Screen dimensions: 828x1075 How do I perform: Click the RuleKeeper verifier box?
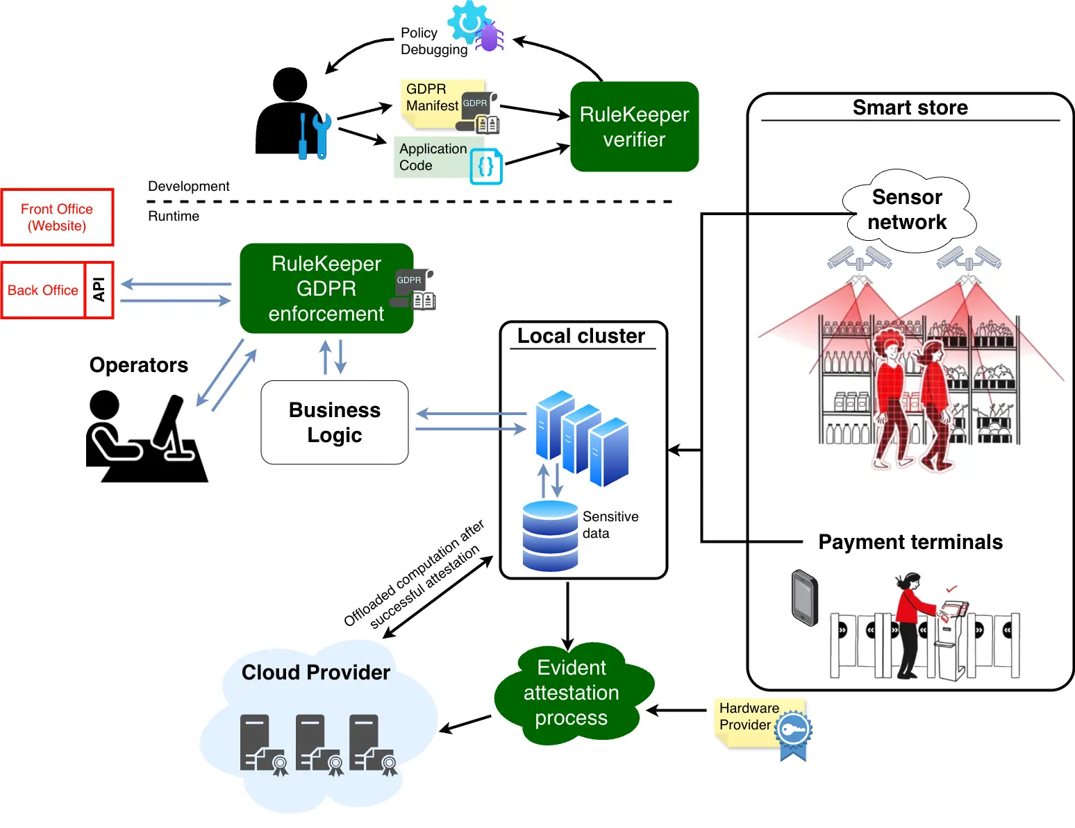point(634,126)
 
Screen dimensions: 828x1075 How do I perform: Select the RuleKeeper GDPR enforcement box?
point(326,288)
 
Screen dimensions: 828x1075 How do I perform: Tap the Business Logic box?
point(335,422)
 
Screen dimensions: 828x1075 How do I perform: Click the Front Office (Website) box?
point(57,217)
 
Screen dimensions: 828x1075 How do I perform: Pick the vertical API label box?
point(99,290)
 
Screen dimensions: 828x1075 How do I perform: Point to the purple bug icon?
point(490,37)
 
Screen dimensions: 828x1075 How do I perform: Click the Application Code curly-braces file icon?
point(486,166)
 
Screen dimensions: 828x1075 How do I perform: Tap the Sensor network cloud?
point(907,210)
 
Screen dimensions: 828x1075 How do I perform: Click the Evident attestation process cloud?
point(572,693)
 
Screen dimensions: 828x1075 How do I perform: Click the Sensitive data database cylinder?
point(550,536)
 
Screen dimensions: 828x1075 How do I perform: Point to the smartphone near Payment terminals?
point(805,598)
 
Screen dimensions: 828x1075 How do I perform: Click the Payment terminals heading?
point(910,542)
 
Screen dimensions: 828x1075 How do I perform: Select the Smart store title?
point(910,108)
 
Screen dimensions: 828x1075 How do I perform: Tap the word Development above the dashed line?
point(189,186)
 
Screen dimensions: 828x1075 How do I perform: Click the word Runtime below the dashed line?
point(174,216)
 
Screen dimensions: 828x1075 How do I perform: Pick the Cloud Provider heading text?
point(316,673)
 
